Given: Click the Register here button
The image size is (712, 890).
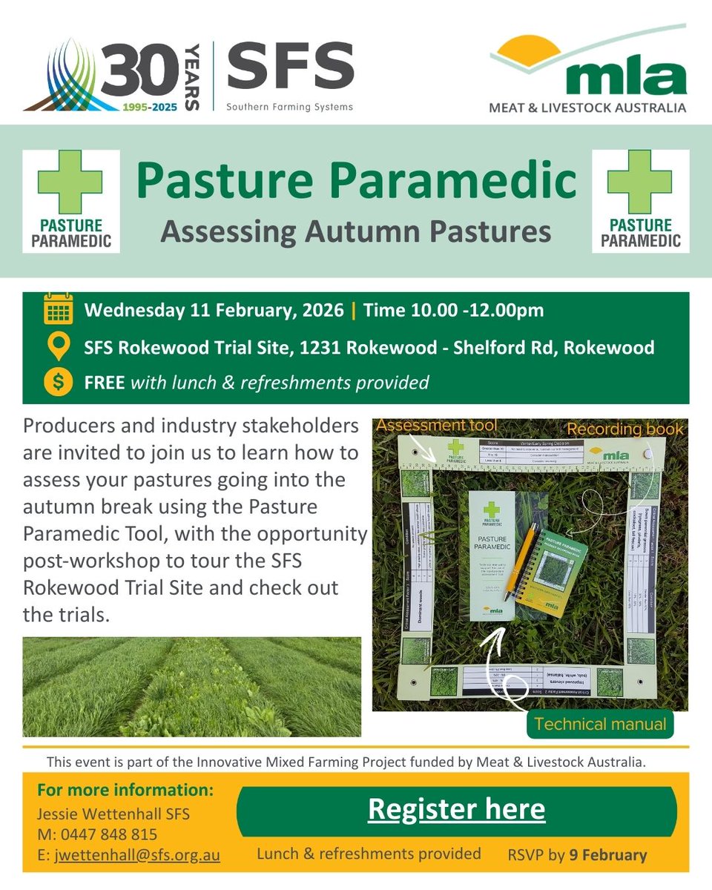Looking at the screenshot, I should point(456,810).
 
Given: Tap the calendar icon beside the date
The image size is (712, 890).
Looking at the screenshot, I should point(58,310).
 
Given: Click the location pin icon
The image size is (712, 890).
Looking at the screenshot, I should point(58,346).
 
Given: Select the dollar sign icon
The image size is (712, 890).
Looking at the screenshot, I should point(58,383).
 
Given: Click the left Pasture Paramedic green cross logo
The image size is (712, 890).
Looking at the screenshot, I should point(70,200).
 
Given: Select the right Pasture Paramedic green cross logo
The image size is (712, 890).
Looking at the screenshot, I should point(640,200).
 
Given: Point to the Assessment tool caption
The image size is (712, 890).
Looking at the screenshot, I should point(435,426).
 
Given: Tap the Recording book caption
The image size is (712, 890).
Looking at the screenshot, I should point(625,429).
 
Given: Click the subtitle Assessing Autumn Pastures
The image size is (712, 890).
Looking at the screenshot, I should point(356,231).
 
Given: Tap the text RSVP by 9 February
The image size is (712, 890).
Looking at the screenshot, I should point(578,855).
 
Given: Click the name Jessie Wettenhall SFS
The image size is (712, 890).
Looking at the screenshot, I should point(113,814).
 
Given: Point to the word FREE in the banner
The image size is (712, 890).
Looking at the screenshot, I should point(105,383).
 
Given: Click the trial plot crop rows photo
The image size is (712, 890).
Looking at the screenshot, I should point(191,686).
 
